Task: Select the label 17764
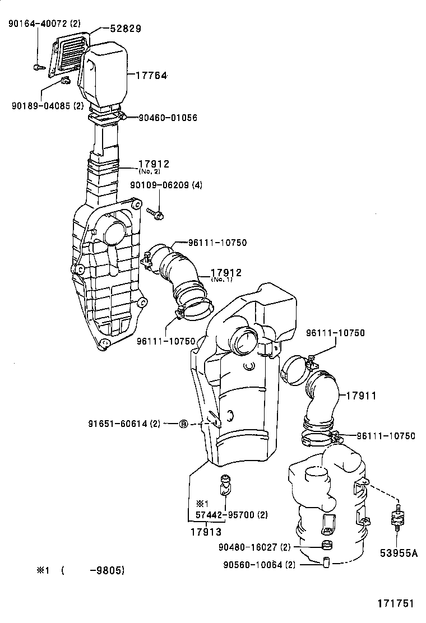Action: point(150,75)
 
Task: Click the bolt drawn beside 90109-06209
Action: point(155,212)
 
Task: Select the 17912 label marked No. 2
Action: point(154,164)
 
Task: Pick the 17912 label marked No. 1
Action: point(226,273)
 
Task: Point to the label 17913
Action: point(204,532)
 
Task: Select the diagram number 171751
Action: point(395,603)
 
